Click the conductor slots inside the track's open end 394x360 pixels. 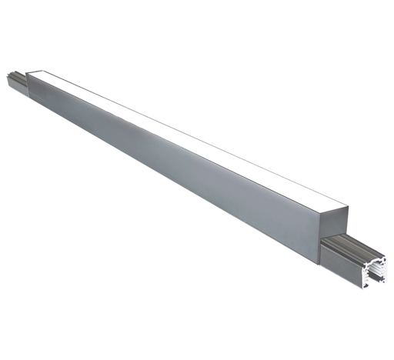point(376,271)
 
